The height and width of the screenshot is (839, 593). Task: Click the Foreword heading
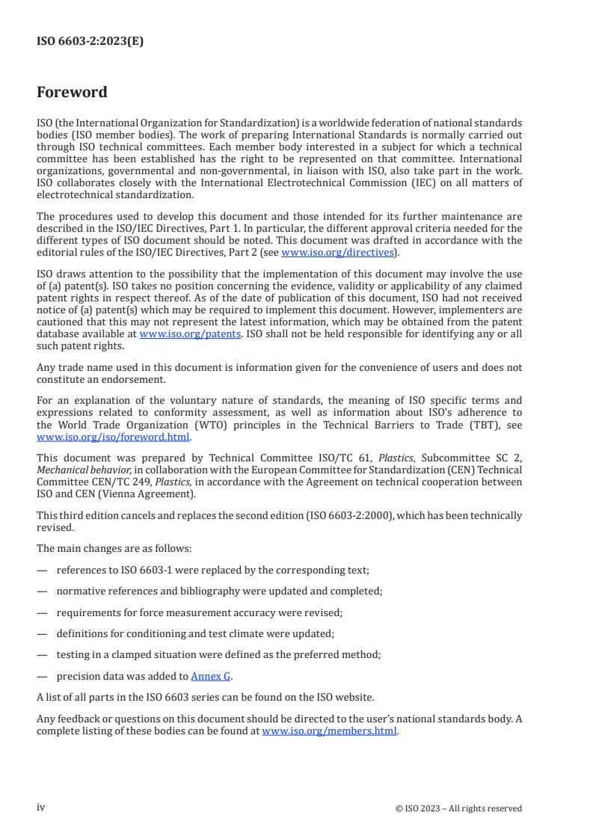point(72,93)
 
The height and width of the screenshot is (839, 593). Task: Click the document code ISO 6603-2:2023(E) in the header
point(90,42)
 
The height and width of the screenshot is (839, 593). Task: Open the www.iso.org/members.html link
point(329,731)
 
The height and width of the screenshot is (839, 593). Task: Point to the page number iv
point(41,808)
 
